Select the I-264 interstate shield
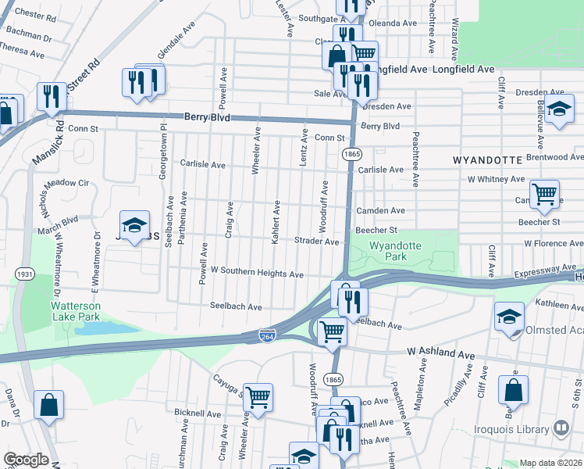tap(266, 335)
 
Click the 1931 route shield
tap(25, 275)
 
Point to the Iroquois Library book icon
tap(560, 428)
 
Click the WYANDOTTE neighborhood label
tap(487, 159)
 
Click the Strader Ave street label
tap(316, 242)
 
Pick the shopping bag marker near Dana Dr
tap(48, 404)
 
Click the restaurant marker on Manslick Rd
tap(52, 97)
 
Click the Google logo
tap(26, 459)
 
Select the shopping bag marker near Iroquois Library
tap(514, 389)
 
